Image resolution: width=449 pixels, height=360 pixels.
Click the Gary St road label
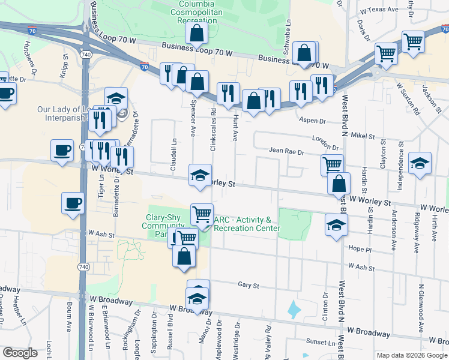point(247,285)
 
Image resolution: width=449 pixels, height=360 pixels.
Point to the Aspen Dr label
point(312,120)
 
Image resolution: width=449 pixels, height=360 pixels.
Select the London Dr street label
point(325,143)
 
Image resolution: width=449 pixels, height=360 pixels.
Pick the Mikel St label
point(363,136)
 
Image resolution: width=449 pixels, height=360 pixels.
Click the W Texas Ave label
point(379,10)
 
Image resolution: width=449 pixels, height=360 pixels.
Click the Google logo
point(20,353)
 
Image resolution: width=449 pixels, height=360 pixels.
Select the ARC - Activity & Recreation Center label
point(246,224)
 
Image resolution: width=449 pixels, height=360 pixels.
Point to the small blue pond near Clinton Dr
point(294,310)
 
